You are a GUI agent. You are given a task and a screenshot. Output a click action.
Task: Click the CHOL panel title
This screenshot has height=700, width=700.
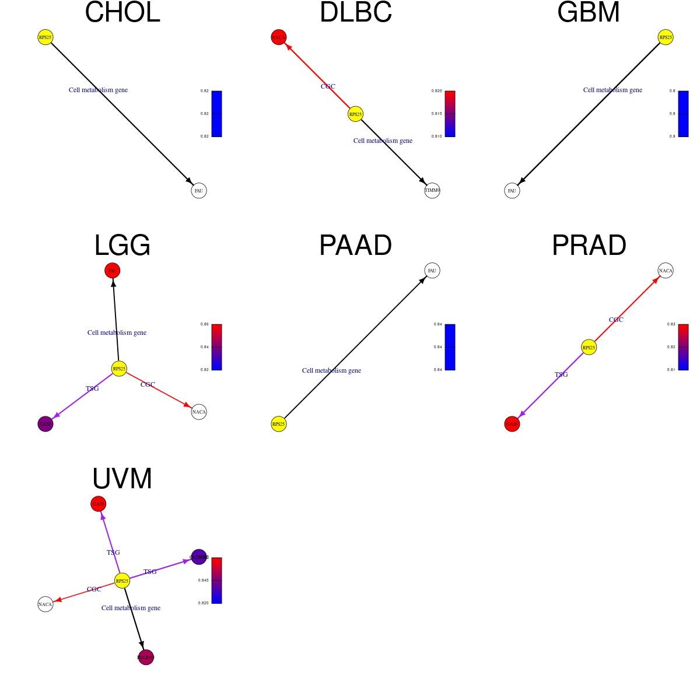click(x=123, y=13)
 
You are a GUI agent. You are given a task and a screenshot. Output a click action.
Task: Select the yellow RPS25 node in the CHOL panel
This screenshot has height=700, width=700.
click(x=45, y=37)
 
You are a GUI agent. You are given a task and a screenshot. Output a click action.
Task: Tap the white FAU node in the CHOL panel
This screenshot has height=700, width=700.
click(x=199, y=191)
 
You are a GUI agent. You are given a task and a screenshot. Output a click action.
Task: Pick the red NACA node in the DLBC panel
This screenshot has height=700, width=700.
click(x=279, y=37)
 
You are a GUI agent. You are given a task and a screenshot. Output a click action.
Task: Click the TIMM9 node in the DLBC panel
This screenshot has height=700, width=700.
click(x=432, y=191)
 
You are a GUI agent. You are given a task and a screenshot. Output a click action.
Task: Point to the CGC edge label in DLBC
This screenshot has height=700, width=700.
click(x=328, y=86)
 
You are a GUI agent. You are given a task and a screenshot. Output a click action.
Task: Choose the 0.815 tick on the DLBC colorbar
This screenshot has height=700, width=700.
click(x=437, y=114)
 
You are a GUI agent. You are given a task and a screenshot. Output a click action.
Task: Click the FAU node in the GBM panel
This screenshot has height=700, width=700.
click(x=512, y=191)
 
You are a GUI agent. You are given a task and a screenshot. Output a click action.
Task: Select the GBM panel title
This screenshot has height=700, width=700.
click(x=589, y=13)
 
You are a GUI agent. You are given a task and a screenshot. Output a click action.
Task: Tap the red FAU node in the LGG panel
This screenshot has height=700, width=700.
click(x=113, y=271)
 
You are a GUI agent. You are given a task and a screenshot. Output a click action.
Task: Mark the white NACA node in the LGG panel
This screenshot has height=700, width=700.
click(x=199, y=412)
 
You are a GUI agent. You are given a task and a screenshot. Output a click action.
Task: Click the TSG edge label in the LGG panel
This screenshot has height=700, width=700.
click(x=92, y=388)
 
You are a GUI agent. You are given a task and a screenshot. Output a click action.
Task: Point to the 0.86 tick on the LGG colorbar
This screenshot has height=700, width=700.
click(x=205, y=324)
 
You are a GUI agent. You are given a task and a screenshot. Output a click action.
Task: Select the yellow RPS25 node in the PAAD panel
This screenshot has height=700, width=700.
click(x=279, y=424)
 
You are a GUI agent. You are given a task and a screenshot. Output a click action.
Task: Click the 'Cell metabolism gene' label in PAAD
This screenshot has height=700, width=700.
click(x=331, y=370)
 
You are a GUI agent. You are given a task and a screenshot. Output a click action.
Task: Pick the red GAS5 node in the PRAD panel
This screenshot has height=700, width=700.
click(x=512, y=424)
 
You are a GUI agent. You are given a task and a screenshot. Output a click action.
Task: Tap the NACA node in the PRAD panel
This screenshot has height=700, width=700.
click(x=666, y=271)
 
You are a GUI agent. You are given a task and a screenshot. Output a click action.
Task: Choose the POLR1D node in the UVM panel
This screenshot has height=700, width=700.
click(x=146, y=657)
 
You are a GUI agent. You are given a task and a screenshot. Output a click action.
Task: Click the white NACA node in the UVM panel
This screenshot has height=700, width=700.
click(x=45, y=604)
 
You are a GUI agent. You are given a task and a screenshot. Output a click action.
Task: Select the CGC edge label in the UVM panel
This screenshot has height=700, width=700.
click(x=94, y=589)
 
